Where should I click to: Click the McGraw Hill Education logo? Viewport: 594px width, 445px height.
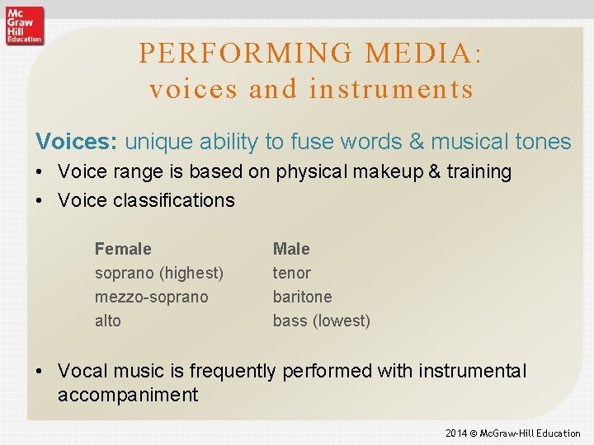(x=23, y=25)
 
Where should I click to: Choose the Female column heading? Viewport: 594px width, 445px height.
(x=123, y=249)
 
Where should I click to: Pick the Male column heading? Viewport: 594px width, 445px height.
(x=291, y=249)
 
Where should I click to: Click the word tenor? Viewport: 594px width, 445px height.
(x=291, y=273)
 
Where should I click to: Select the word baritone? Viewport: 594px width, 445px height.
(x=302, y=297)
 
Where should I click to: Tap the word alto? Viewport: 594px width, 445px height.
(x=107, y=321)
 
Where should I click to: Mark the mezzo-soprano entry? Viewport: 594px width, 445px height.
(x=151, y=297)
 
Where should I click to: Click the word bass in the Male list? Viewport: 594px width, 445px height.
(x=290, y=321)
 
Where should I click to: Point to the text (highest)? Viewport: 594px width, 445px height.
(x=191, y=273)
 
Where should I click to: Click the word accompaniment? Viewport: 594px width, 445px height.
(x=128, y=395)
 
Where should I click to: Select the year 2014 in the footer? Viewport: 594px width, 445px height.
(x=456, y=433)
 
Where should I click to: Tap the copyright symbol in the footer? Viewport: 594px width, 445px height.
(x=474, y=433)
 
